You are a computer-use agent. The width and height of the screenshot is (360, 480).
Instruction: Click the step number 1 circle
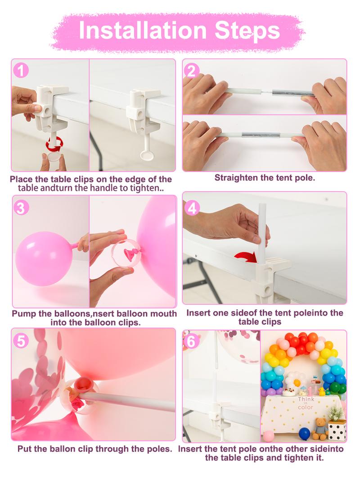pyautogui.click(x=21, y=70)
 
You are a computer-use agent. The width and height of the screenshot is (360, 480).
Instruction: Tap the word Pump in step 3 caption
pyautogui.click(x=23, y=313)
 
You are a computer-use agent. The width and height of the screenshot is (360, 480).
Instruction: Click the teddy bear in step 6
pyautogui.click(x=320, y=427)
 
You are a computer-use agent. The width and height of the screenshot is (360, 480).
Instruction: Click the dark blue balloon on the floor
pyautogui.click(x=305, y=433)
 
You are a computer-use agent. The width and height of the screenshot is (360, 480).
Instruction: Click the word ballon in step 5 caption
pyautogui.click(x=65, y=449)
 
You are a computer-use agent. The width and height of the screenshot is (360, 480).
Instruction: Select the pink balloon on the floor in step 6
pyautogui.click(x=268, y=435)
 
